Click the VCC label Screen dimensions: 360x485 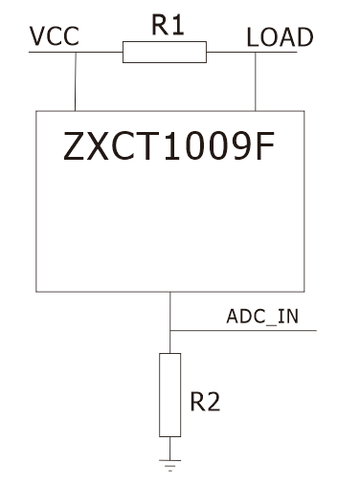[x=55, y=36]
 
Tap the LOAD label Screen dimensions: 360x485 [x=280, y=37]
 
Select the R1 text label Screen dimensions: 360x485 [x=168, y=25]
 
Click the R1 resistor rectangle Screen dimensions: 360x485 [x=165, y=52]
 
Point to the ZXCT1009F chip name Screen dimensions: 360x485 [x=169, y=146]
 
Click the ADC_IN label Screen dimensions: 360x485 [x=262, y=317]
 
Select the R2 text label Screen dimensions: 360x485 [x=205, y=402]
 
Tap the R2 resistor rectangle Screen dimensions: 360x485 [x=170, y=395]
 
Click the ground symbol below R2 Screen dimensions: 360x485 [x=170, y=465]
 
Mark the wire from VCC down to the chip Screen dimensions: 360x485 [x=76, y=81]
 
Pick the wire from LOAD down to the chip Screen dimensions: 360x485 [x=256, y=81]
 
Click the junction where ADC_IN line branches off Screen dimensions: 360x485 [x=170, y=330]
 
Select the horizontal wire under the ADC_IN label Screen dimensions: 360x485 [x=243, y=330]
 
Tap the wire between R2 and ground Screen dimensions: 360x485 [x=170, y=449]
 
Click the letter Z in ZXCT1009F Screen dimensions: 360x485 [x=74, y=146]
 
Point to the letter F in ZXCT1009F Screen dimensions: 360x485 [x=265, y=146]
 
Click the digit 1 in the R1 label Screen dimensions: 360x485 [x=177, y=25]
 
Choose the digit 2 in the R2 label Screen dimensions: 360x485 [x=213, y=402]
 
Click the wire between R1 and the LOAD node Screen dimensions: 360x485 [x=231, y=52]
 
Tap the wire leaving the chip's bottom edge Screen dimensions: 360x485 [x=170, y=311]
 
